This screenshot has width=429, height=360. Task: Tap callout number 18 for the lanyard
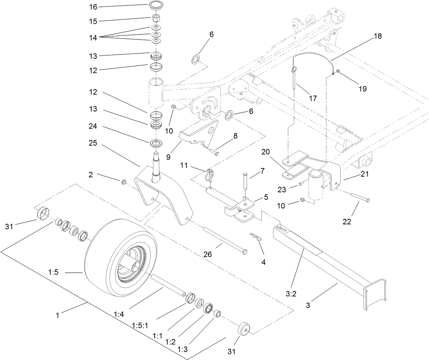coord(378,36)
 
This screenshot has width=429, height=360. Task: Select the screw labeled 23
coord(300,184)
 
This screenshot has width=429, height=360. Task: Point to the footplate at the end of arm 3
coord(375,294)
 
